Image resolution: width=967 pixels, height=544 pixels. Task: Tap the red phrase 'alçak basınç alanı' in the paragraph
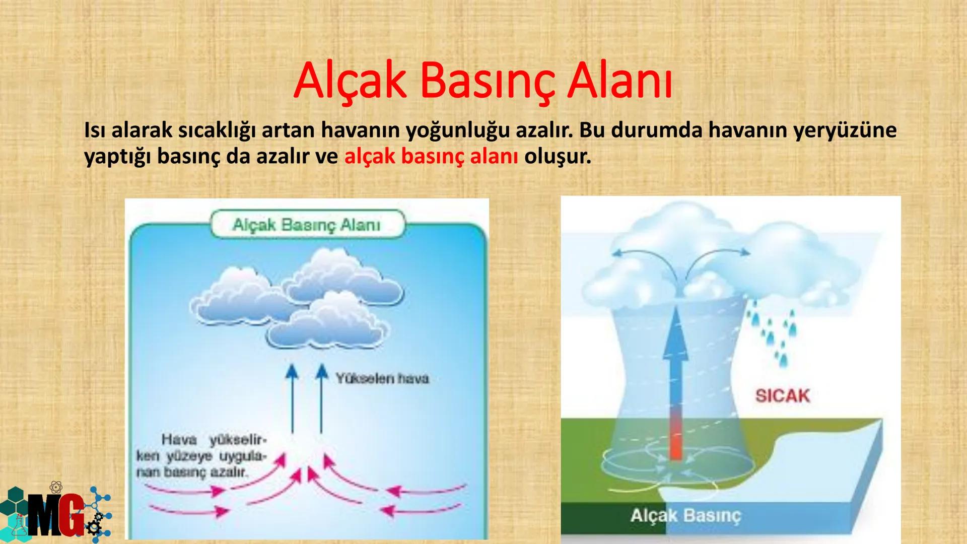pos(431,157)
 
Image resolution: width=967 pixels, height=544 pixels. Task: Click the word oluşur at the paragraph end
pos(557,157)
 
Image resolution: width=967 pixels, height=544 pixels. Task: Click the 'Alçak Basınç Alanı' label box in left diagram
pos(306,225)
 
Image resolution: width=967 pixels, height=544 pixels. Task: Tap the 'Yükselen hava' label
pos(382,378)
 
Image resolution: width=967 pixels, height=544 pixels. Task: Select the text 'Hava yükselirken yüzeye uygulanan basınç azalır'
pos(201,456)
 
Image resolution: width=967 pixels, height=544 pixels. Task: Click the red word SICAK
pos(782,396)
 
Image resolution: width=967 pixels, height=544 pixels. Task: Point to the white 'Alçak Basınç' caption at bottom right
pos(686,516)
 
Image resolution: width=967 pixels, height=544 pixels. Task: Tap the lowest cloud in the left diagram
pos(327,325)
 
